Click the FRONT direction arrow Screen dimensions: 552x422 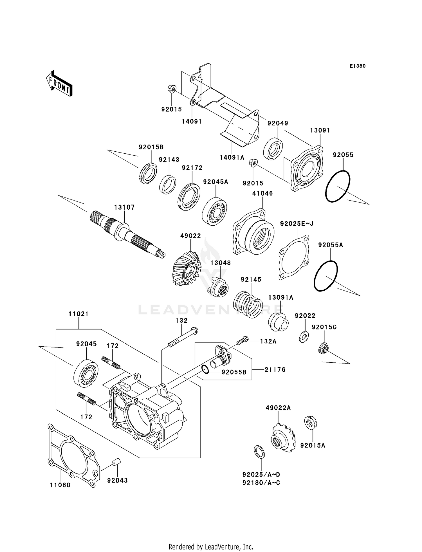(59, 84)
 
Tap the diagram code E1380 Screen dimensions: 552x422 (357, 66)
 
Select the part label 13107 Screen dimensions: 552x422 (124, 207)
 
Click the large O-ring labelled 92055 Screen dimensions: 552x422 (338, 186)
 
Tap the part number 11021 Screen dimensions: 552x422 (78, 314)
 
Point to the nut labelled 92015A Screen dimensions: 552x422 (310, 423)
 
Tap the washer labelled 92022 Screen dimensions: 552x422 (304, 336)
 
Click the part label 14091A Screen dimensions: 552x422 (232, 157)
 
